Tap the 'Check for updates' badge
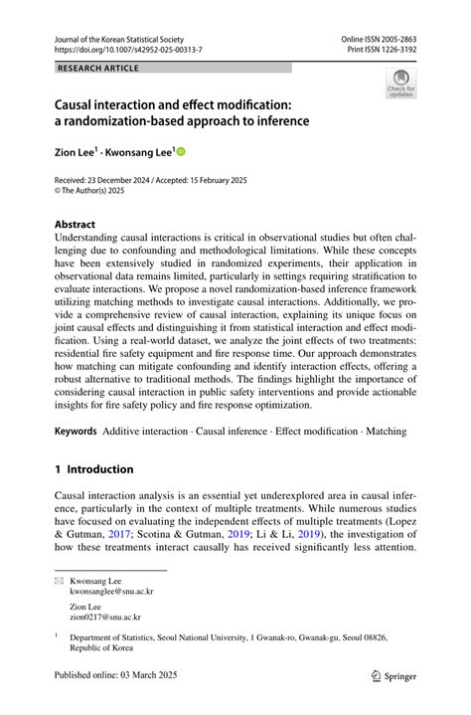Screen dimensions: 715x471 click(401, 83)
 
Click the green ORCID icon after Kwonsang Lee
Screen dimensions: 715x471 click(182, 152)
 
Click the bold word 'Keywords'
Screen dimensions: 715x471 click(76, 431)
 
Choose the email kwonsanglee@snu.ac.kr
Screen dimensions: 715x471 click(111, 591)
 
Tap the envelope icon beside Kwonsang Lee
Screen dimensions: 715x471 click(59, 578)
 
